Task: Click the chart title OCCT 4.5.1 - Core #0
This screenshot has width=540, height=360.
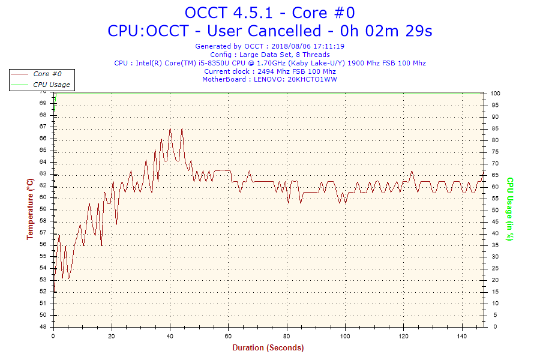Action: coord(270,13)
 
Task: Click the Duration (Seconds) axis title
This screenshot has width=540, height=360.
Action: coord(268,348)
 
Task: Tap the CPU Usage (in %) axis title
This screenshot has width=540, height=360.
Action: coord(511,209)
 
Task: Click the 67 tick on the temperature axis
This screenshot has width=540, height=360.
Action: coord(43,127)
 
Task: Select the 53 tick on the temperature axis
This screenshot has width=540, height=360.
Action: coord(43,280)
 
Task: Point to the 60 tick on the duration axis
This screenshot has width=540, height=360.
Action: coord(229,337)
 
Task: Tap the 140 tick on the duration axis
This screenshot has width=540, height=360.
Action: coord(462,337)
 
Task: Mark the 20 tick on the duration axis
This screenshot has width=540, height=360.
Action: coord(112,337)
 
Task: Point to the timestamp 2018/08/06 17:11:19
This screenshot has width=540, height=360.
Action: coord(308,46)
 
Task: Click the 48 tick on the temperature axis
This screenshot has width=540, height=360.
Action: coord(43,327)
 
